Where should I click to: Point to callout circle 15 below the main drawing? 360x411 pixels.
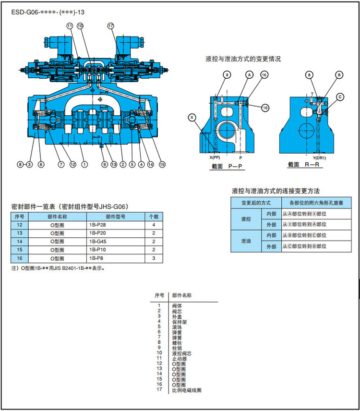pyautogui.click(x=162, y=164)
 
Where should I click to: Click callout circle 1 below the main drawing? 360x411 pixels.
pyautogui.click(x=84, y=164)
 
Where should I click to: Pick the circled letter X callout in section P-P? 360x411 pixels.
pyautogui.click(x=192, y=117)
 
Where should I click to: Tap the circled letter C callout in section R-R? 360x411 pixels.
pyautogui.click(x=340, y=97)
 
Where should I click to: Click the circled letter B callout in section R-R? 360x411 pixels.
pyautogui.click(x=339, y=74)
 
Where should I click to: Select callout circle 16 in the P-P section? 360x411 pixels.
pyautogui.click(x=264, y=74)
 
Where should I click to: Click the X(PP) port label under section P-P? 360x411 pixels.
pyautogui.click(x=215, y=157)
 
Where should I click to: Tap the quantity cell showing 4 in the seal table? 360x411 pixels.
pyautogui.click(x=154, y=225)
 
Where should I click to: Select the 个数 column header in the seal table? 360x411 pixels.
pyautogui.click(x=154, y=217)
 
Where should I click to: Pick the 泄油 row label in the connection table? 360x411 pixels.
pyautogui.click(x=246, y=241)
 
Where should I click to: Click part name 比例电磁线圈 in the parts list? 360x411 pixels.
pyautogui.click(x=187, y=390)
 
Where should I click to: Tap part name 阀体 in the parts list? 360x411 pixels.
pyautogui.click(x=176, y=306)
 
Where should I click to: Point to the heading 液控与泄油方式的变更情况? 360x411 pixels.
pyautogui.click(x=243, y=59)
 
